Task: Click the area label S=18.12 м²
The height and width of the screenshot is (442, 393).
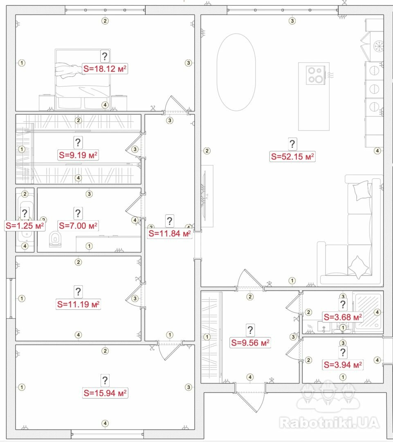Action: tap(105, 68)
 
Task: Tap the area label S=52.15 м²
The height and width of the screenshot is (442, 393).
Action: tap(292, 156)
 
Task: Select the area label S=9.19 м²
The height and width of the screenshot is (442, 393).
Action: tap(79, 155)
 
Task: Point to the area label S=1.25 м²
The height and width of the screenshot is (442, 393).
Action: tap(25, 226)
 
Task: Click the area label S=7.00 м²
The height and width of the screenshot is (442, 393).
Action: tap(79, 226)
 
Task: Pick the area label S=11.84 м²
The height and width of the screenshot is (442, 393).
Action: tap(170, 233)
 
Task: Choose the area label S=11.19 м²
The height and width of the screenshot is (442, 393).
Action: tap(79, 304)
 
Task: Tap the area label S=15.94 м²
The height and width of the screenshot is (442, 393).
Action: tap(105, 393)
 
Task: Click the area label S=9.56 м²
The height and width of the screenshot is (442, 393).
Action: tap(250, 343)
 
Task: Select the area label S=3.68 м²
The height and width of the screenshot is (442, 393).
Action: tap(343, 317)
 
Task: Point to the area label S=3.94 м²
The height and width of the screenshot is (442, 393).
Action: tap(343, 365)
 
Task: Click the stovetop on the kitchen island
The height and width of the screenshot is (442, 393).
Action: tap(316, 75)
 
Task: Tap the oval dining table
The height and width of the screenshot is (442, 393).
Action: tap(236, 72)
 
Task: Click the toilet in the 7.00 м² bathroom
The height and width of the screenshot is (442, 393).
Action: tap(55, 239)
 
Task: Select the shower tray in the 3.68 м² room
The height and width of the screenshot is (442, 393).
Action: tap(368, 311)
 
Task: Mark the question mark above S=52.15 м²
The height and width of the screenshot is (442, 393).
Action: tap(292, 144)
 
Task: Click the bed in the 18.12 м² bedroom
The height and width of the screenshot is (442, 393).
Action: tap(83, 80)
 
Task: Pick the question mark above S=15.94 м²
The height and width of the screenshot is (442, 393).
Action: tap(105, 380)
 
